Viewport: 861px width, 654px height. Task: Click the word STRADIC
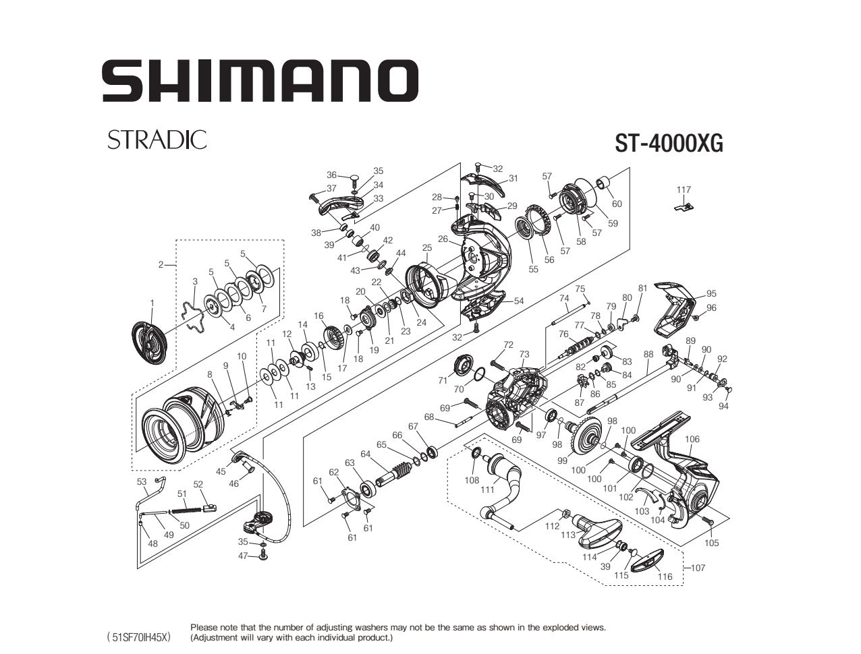click(x=157, y=140)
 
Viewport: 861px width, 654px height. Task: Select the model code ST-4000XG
click(x=668, y=143)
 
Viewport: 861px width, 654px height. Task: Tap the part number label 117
click(x=684, y=190)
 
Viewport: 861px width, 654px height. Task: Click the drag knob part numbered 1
click(x=150, y=343)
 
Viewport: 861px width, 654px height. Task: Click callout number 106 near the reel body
click(x=692, y=439)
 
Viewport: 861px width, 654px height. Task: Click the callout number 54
click(x=518, y=301)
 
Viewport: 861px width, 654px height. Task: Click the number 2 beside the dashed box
click(x=161, y=264)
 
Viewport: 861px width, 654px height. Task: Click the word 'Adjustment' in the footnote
click(x=215, y=637)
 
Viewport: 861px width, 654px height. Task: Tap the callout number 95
click(x=711, y=293)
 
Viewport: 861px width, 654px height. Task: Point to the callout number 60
click(x=616, y=204)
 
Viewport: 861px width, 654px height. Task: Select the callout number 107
click(x=698, y=568)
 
